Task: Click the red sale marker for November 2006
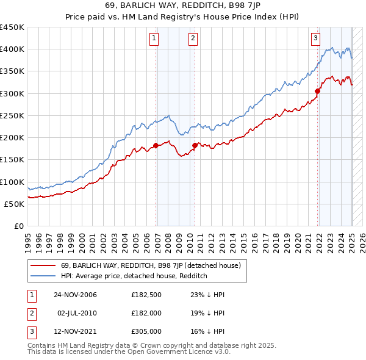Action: [x=156, y=145]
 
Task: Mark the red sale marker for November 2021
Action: [x=318, y=92]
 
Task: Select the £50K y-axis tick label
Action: [x=15, y=204]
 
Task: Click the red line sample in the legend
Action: [x=43, y=265]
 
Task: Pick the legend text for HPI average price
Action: [x=134, y=276]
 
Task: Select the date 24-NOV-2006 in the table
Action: [x=75, y=295]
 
